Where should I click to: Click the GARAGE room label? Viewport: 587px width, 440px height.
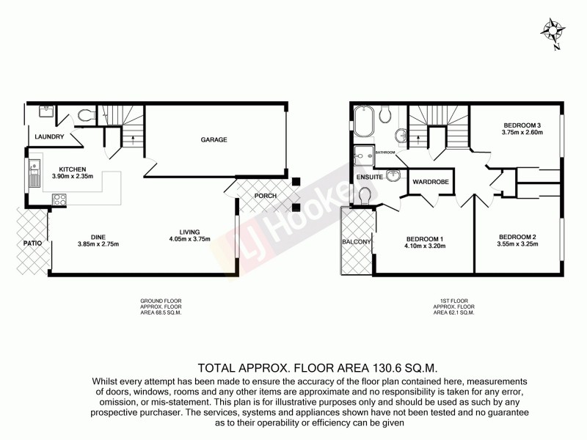pyautogui.click(x=214, y=139)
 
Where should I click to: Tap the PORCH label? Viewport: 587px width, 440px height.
pyautogui.click(x=265, y=197)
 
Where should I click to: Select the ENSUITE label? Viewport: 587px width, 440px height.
pyautogui.click(x=370, y=177)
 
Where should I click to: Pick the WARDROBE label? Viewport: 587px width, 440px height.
pyautogui.click(x=431, y=180)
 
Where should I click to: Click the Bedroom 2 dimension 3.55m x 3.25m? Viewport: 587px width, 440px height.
pyautogui.click(x=518, y=245)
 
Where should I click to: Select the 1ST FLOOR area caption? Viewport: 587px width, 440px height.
pyautogui.click(x=454, y=307)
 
